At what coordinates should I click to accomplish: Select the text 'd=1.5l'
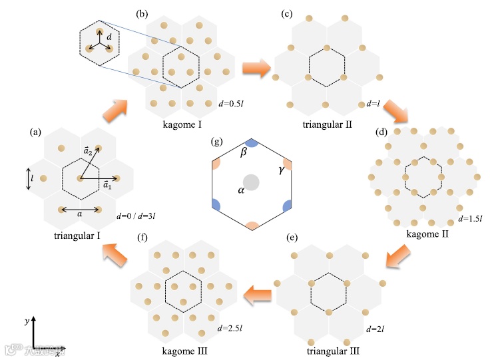(x=471, y=219)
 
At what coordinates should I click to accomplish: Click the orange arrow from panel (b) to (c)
(x=256, y=67)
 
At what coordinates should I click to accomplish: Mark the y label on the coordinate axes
(x=26, y=320)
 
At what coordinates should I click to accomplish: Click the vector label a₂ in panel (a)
(x=87, y=152)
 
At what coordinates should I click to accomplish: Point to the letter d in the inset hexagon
(x=109, y=39)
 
